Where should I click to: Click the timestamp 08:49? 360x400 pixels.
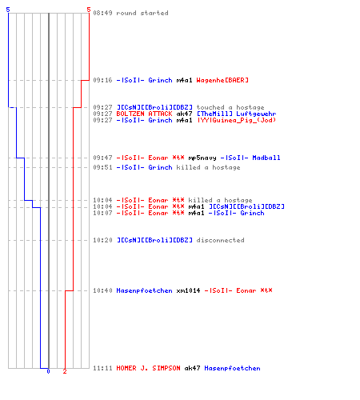[102, 13]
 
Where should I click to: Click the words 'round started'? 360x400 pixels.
[142, 13]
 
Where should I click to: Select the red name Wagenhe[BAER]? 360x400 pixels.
[222, 80]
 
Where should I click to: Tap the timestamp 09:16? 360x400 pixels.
[102, 80]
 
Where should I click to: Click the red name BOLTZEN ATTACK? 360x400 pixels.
[144, 114]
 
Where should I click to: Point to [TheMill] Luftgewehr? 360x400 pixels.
[237, 114]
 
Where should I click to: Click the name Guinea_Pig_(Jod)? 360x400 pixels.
[244, 120]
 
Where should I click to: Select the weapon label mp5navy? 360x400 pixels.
[202, 158]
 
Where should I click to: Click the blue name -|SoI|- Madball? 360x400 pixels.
[250, 158]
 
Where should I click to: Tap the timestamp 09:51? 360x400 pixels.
[102, 167]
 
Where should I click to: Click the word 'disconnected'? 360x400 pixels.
[220, 240]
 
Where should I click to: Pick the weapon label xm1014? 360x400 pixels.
[188, 290]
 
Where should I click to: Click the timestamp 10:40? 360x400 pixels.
[102, 290]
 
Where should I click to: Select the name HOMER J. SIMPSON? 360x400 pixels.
[148, 368]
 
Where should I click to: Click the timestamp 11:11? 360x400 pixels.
[102, 368]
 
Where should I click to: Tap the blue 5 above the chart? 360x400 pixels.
[8, 10]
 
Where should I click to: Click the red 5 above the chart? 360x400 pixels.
[89, 10]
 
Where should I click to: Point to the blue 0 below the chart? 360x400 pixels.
[48, 371]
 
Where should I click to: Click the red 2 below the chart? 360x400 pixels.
[65, 371]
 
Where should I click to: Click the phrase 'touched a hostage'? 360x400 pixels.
[230, 107]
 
